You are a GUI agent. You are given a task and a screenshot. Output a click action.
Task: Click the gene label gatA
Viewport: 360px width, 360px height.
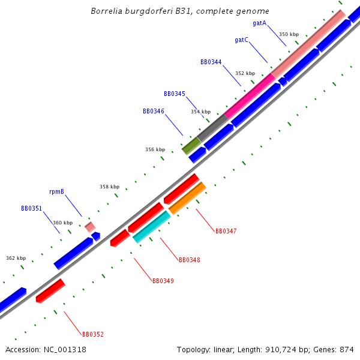[x=260, y=23]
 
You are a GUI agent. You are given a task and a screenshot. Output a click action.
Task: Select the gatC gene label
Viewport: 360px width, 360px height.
[x=241, y=40]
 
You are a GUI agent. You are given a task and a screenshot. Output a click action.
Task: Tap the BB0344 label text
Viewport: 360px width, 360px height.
[x=211, y=62]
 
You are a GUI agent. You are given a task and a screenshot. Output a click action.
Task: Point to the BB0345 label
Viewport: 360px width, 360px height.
[x=174, y=94]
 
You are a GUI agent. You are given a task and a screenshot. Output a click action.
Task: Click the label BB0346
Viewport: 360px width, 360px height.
[x=153, y=111]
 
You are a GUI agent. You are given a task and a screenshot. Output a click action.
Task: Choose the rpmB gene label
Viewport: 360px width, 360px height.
[x=56, y=192]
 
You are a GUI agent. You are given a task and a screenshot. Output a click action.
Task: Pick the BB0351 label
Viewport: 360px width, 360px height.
[x=31, y=209]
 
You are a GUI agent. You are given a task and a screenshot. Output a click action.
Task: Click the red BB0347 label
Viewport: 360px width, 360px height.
[x=226, y=231]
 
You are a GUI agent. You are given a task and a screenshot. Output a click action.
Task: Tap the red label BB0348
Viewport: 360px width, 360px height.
[x=189, y=260]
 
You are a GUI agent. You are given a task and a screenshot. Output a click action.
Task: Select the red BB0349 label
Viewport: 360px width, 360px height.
[x=163, y=281]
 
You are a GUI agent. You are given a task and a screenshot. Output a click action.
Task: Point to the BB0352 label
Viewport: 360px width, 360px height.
[x=92, y=334]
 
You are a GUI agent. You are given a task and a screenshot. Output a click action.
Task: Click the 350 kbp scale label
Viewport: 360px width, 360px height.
[x=289, y=34]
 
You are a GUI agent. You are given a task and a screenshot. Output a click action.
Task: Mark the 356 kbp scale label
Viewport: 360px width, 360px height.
[x=155, y=149]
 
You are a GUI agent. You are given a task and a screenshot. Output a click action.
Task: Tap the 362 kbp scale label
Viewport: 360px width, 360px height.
[x=16, y=258]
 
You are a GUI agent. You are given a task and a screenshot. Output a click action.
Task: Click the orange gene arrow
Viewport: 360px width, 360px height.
[x=188, y=198]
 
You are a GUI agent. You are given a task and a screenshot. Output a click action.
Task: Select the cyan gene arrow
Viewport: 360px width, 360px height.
[x=152, y=227]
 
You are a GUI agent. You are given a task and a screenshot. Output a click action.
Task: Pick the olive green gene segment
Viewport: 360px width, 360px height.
[x=191, y=145]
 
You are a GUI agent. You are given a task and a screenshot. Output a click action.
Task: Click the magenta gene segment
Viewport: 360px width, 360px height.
[x=250, y=95]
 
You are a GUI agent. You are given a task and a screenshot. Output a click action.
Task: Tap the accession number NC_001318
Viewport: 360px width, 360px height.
[x=64, y=349]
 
